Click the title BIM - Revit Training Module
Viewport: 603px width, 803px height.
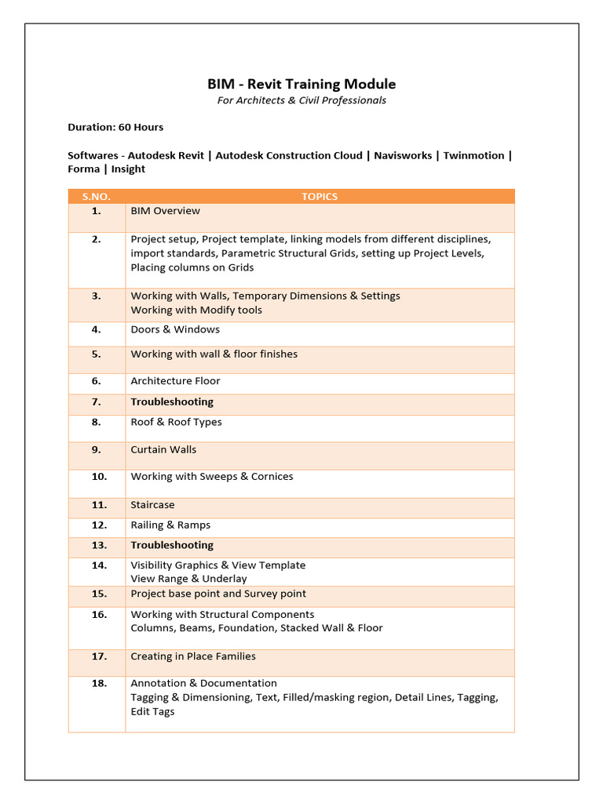pos(301,84)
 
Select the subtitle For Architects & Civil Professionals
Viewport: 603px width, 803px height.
pos(301,100)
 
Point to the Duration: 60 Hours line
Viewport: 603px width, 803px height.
pos(115,127)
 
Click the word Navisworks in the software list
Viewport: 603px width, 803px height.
pos(402,155)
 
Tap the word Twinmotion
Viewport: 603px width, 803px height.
pos(473,155)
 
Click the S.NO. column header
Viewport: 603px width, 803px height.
pos(97,197)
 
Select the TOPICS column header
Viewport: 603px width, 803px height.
pos(320,197)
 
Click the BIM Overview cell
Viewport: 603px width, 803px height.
pos(166,211)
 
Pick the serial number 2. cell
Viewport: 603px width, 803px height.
pos(97,239)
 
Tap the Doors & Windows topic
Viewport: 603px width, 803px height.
pos(175,329)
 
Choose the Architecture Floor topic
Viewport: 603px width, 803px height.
pos(175,381)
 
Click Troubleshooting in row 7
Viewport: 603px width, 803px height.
pos(172,401)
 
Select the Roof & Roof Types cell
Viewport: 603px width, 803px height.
pos(176,422)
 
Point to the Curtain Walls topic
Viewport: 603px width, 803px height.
pos(163,449)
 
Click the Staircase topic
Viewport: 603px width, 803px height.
pos(152,505)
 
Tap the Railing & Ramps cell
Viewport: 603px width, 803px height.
pos(170,525)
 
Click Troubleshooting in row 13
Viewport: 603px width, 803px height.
pos(172,545)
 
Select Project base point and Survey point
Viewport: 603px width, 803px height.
pos(218,594)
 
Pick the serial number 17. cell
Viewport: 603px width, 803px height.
pos(99,656)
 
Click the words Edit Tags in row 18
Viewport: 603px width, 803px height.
pos(152,711)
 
